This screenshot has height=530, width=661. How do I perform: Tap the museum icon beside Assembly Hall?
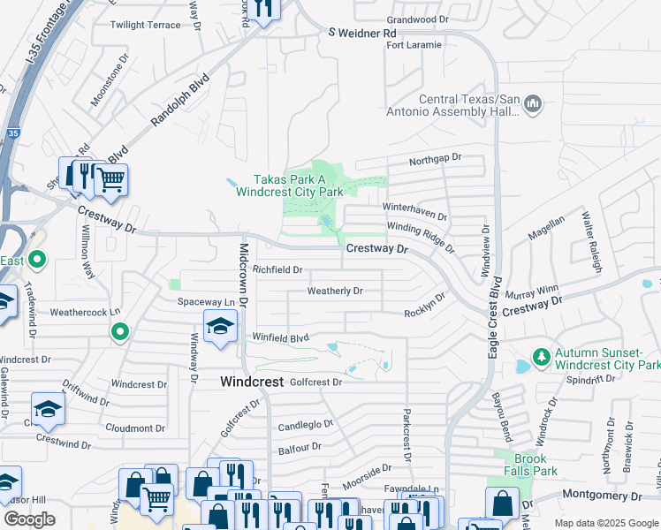coord(532,106)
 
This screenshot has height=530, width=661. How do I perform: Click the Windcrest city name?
coord(251,382)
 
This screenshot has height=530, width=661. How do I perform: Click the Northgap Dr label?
coord(436,158)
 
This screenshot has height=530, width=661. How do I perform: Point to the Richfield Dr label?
coord(277,269)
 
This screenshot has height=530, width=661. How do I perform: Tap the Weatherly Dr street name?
coord(335,291)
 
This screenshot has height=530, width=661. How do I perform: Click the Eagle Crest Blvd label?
coord(496,315)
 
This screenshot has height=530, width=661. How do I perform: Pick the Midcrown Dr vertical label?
coord(244,273)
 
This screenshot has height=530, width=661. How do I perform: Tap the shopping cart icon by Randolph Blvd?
coord(110,180)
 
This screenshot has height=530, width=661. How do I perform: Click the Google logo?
coord(29,519)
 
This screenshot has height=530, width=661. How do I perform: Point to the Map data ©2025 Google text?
coord(605,523)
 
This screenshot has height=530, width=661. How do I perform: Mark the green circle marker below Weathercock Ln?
coord(120,332)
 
